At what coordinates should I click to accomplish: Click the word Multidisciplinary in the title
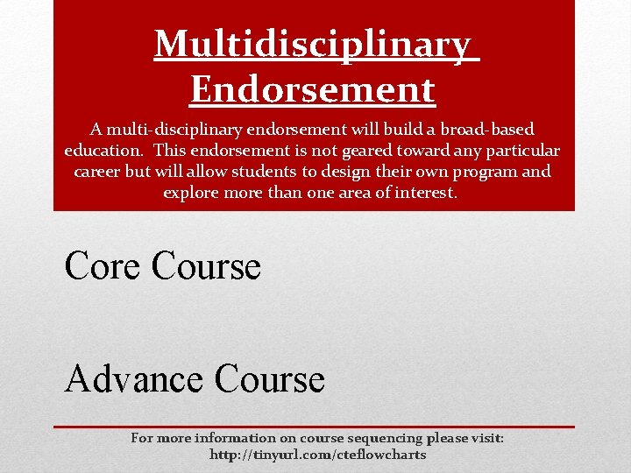pos(315,45)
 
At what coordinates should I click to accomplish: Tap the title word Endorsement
pos(312,88)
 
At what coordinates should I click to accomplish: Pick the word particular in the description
pos(521,150)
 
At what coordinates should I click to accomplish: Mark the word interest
pos(425,192)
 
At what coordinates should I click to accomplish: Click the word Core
pos(103,265)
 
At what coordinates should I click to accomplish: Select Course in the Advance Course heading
pos(269,379)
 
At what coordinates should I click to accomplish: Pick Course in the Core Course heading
pos(206,265)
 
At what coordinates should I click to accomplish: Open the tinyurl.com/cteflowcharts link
pos(317,455)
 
